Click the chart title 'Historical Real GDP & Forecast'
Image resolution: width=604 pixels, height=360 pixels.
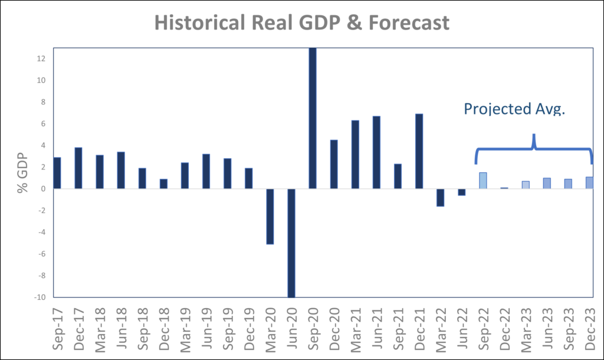coord(301,22)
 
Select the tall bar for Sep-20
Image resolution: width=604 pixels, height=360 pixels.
coord(313,118)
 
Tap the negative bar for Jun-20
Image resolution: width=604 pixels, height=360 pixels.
coord(291,243)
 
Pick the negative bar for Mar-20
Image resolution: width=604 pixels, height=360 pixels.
coord(270,216)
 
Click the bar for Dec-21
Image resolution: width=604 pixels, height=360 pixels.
coord(419,151)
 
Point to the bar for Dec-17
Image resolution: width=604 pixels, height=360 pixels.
coord(78,168)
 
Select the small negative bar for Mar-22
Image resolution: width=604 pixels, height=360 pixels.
coord(441,198)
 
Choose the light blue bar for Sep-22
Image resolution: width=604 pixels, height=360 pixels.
coord(483,181)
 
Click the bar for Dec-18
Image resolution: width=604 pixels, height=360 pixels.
coord(163,184)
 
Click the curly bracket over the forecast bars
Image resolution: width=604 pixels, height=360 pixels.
coord(533,148)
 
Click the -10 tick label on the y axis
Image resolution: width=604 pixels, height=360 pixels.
coord(40,297)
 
